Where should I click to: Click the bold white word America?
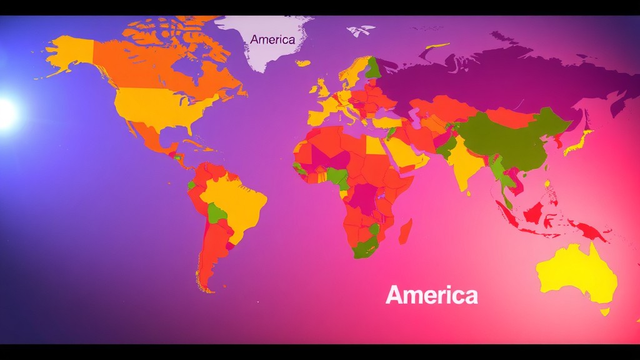(431, 295)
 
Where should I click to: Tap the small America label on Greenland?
(272, 39)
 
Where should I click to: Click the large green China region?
(512, 141)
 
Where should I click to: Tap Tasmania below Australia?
(604, 311)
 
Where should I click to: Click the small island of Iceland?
(303, 63)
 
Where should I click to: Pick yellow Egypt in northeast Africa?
(375, 145)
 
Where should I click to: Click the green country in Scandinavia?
(372, 67)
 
